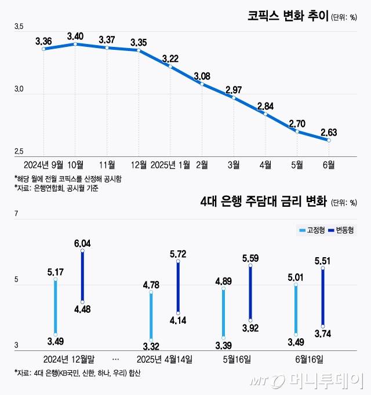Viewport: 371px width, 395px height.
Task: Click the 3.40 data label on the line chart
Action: coord(75,36)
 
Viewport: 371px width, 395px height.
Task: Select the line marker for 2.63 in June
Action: coord(329,140)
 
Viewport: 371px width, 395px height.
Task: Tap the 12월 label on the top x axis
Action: coord(139,165)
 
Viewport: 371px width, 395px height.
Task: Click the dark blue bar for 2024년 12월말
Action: coord(82,276)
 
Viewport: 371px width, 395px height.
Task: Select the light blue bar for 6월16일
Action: coord(296,310)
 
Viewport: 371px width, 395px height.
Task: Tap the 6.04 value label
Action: coord(82,243)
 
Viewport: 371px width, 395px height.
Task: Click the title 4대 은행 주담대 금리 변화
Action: coord(263,202)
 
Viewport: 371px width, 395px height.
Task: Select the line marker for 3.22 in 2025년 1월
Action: coord(170,67)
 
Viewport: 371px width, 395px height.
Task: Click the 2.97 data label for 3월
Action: coord(234,90)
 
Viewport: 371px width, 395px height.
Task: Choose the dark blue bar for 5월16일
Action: coord(250,292)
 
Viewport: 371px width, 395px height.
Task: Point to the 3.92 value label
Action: coord(250,328)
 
